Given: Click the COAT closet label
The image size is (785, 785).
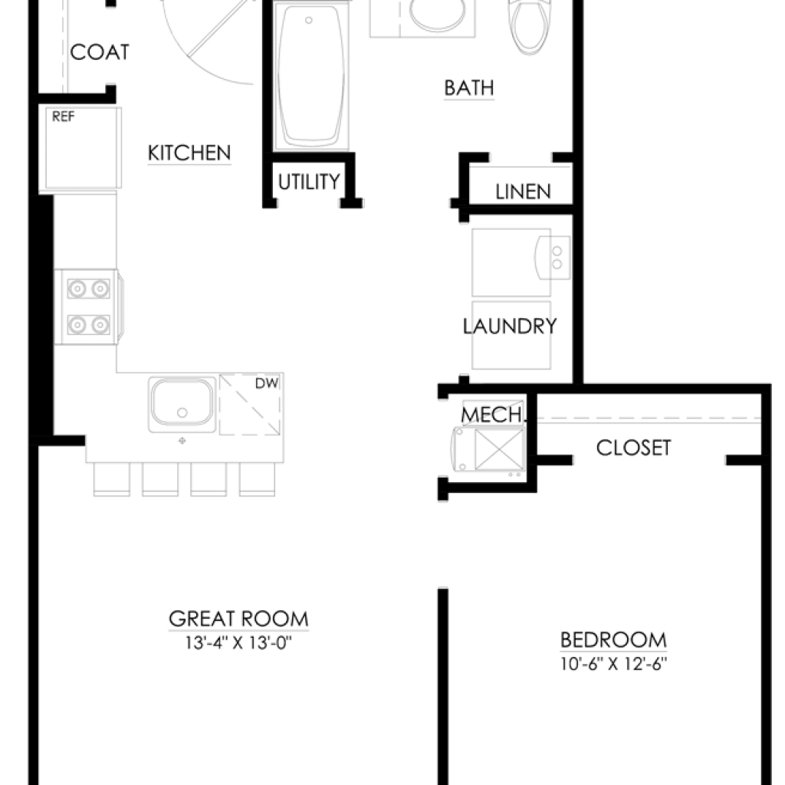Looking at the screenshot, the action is point(100,52).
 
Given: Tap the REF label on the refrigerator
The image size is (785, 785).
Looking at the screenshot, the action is point(63,117).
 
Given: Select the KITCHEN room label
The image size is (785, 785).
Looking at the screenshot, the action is point(189,153).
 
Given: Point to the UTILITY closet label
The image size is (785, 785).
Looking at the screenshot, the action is point(309,182).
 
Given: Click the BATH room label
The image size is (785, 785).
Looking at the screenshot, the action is point(469,88).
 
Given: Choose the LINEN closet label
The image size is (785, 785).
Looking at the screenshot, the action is point(523,191).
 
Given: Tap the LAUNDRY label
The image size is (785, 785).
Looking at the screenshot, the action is point(510,327).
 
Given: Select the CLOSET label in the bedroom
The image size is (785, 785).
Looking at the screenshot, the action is point(633,448).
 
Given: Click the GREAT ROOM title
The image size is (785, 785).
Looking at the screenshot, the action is point(239,619).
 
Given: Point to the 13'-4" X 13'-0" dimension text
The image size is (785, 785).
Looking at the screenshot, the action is point(238,642).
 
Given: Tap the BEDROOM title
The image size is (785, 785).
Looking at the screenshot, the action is point(613,640).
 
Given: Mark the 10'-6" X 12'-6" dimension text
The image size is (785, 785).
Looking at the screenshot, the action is point(613,664).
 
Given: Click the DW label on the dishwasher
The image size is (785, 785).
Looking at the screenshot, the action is point(267,383).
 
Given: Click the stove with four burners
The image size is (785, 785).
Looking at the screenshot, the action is point(89,307).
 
